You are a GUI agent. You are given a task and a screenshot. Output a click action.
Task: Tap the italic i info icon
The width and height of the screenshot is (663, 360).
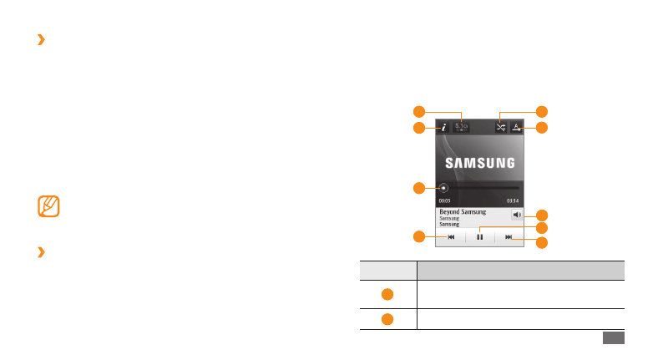click(x=444, y=128)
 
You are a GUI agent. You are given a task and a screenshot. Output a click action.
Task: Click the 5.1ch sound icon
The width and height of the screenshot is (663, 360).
click(x=462, y=128)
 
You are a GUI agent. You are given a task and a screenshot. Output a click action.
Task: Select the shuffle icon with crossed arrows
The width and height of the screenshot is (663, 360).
click(x=501, y=128)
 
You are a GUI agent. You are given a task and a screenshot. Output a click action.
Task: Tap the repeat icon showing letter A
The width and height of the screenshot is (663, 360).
click(x=517, y=128)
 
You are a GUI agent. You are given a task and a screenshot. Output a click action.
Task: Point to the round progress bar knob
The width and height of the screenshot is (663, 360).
click(x=443, y=188)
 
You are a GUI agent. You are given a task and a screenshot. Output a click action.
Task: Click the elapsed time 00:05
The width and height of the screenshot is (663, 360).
click(x=445, y=201)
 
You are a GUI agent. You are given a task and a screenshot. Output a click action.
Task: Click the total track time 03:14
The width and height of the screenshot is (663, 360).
click(x=513, y=201)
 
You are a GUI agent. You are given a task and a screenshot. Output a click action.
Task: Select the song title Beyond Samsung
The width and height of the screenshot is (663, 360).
click(x=463, y=212)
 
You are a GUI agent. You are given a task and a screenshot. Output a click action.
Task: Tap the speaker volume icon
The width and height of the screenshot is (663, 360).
click(x=518, y=215)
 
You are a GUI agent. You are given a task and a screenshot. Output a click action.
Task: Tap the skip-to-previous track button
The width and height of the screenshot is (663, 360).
click(x=451, y=237)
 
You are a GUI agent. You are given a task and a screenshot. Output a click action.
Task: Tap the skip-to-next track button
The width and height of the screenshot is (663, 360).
click(x=509, y=237)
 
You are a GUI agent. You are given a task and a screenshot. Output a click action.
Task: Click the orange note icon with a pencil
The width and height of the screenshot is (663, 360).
click(x=49, y=205)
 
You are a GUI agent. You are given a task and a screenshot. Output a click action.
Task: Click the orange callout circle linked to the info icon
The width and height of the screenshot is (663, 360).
click(x=420, y=128)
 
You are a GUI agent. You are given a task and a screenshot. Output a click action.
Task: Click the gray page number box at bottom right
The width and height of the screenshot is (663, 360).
click(x=612, y=337)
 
